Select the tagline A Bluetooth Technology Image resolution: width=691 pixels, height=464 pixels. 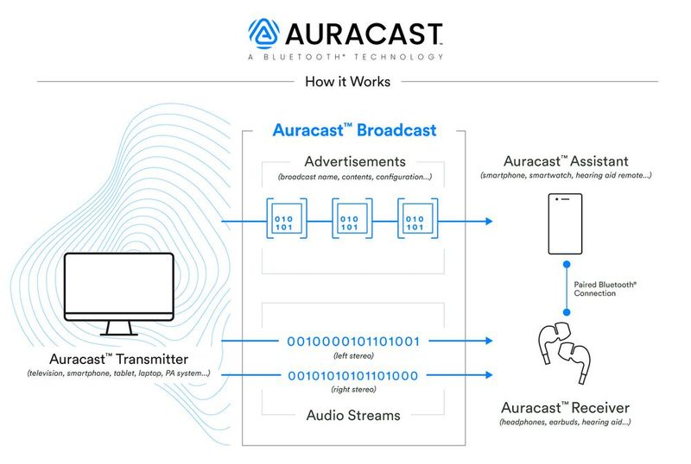345,57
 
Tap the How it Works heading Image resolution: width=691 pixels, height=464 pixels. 347,82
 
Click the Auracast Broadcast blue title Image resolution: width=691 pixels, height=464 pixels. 354,131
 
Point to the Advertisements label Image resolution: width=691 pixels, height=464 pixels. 355,161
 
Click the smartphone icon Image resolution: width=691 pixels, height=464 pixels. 565,223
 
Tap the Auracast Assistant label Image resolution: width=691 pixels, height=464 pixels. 567,161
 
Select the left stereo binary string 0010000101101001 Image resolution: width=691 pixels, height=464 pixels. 353,342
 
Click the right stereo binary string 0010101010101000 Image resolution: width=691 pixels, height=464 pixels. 353,375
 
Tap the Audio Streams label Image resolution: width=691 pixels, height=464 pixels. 353,415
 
